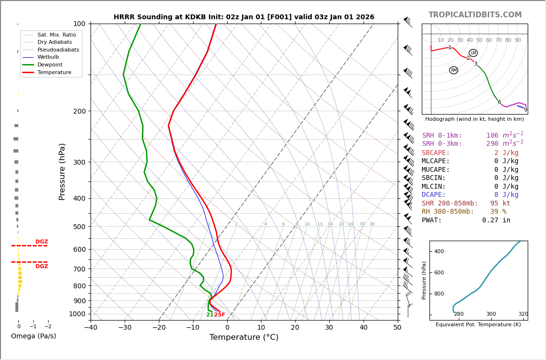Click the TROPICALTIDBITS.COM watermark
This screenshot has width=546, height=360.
[475, 15]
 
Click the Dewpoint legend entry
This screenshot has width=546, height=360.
[50, 65]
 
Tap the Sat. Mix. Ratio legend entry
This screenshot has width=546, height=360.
[56, 35]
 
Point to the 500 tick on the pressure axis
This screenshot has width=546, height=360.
[79, 227]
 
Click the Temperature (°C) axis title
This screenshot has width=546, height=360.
[244, 337]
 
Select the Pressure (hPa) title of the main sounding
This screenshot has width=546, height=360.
[62, 171]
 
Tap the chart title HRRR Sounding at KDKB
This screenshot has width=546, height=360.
[244, 17]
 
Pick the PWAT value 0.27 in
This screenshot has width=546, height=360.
[496, 220]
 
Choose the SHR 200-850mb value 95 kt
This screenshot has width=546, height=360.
[500, 204]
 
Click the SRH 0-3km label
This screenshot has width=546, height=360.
[442, 144]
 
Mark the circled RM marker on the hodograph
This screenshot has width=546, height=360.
[454, 70]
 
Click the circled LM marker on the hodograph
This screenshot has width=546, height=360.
[473, 53]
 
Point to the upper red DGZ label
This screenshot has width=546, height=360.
[41, 242]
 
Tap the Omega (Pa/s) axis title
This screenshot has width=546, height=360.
[33, 336]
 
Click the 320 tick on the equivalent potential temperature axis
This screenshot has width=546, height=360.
[523, 314]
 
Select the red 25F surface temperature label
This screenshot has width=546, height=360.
[220, 315]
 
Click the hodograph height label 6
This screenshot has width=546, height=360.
[499, 103]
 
